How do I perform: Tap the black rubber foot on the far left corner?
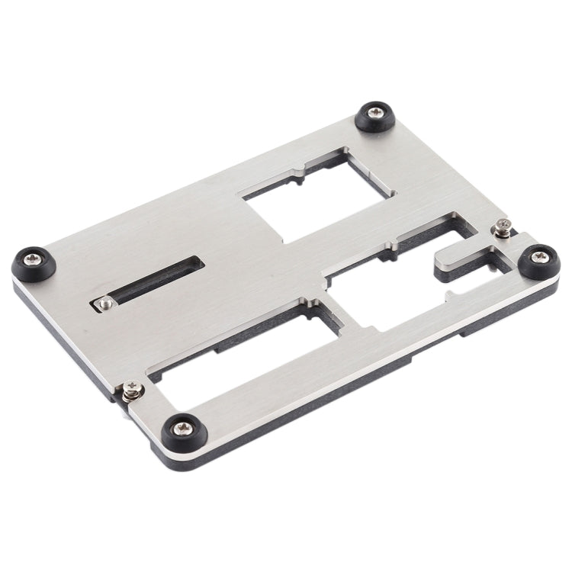[32, 265]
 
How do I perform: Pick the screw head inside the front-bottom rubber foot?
[183, 430]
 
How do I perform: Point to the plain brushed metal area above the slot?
[153, 229]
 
